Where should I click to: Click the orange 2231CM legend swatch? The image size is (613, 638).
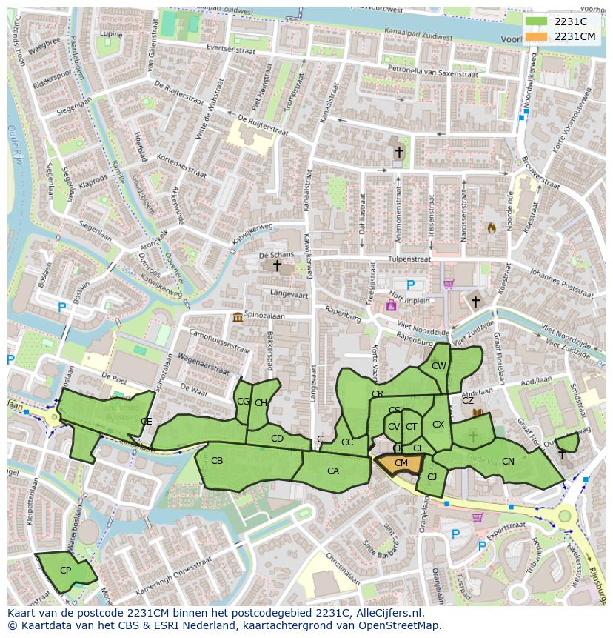pos(536,36)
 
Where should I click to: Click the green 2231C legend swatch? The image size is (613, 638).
pos(536,21)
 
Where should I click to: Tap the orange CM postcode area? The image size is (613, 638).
pos(401,463)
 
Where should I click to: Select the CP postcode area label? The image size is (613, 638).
pos(65,571)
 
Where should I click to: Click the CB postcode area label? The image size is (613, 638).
pos(217,461)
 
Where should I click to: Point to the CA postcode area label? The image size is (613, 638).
pos(333,471)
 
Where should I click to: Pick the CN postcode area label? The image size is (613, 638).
pos(508,462)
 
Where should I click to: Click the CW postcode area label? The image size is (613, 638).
pos(439,366)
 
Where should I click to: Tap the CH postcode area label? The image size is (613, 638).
pos(261,403)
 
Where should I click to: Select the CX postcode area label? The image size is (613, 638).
pos(438,425)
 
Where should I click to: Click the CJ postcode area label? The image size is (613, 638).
pos(432,476)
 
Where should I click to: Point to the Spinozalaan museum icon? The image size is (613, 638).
pos(238,318)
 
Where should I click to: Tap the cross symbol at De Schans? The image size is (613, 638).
pos(278,265)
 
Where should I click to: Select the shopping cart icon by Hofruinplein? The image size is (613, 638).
pos(448,284)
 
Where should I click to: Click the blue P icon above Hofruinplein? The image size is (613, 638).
pos(411,285)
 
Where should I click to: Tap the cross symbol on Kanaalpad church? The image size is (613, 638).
pos(399,152)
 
